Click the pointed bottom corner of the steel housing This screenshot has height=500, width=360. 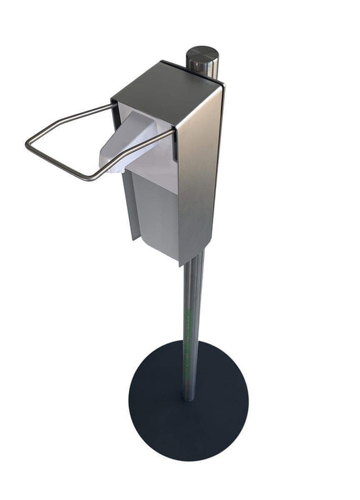click(x=181, y=262)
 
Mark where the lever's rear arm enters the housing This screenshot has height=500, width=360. click(x=113, y=104)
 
